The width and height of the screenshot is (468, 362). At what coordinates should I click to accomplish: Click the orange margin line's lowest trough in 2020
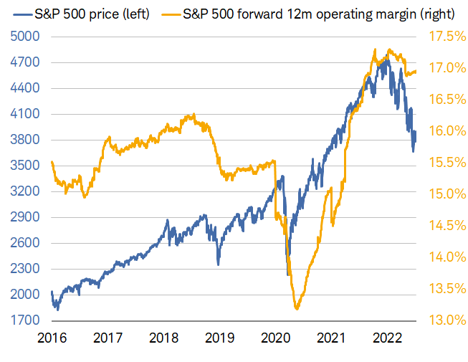(x=297, y=308)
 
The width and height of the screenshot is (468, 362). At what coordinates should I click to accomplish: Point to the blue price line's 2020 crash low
(x=288, y=275)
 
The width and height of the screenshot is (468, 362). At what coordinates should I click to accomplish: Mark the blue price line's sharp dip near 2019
(x=219, y=264)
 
